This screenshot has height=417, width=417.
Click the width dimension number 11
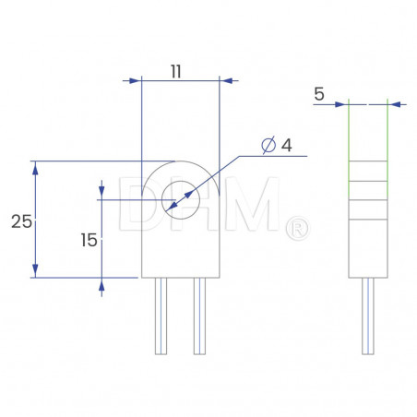179,68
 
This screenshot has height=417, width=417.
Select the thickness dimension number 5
319,93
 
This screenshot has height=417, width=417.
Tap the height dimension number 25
20,221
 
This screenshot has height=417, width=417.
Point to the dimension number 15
89,240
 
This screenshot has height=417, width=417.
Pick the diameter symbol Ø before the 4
267,146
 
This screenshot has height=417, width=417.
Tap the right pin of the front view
199,315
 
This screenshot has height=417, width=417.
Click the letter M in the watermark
256,205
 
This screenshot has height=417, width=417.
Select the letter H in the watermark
197,205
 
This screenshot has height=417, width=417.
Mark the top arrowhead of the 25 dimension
35,167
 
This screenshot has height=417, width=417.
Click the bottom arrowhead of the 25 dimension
35,270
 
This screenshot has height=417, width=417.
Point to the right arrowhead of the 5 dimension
393,103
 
